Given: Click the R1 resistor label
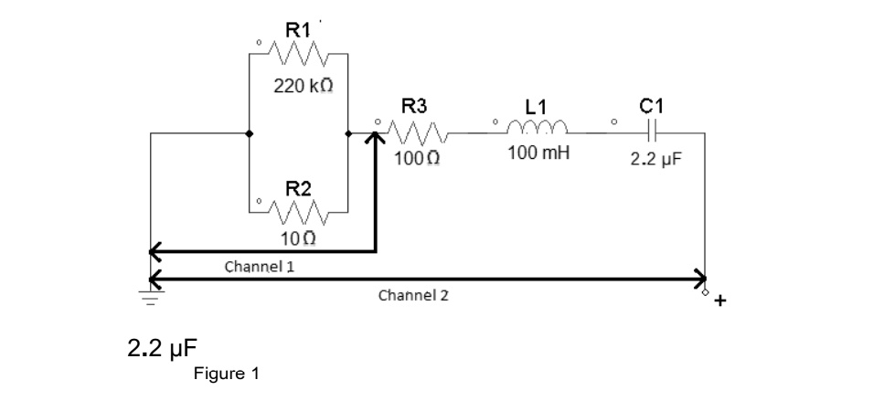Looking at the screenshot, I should (x=298, y=28).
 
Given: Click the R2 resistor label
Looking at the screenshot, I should (x=298, y=189).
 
